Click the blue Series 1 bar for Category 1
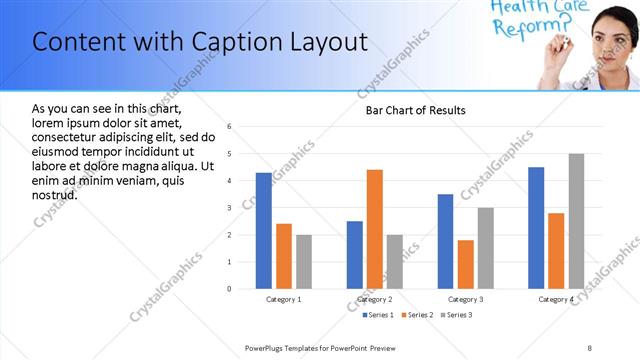[x=263, y=231]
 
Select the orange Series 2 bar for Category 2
[x=375, y=229]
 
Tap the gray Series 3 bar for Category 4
[x=576, y=221]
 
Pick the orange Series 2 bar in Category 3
[x=465, y=264]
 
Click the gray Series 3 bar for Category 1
[x=303, y=262]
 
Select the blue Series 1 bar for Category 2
[x=355, y=255]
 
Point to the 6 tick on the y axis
[x=230, y=127]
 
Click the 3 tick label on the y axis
[x=230, y=208]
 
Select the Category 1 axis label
[x=284, y=299]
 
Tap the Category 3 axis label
[x=466, y=299]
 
